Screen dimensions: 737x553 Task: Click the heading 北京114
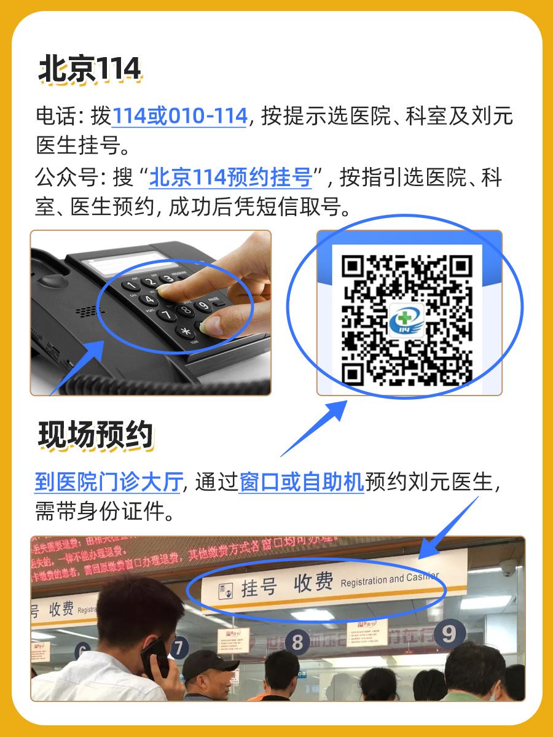(90, 69)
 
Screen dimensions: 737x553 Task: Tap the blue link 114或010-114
(179, 116)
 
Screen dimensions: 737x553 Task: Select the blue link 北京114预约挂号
(232, 178)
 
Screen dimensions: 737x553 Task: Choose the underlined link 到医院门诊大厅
(108, 483)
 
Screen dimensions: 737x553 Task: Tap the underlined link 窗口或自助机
(301, 483)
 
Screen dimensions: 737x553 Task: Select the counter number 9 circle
(449, 633)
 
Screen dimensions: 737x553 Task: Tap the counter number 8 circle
(298, 642)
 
